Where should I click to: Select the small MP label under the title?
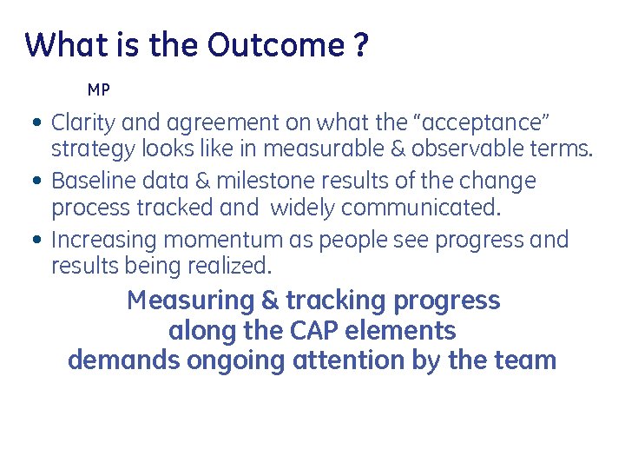tap(99, 90)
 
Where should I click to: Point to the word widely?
tap(303, 208)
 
